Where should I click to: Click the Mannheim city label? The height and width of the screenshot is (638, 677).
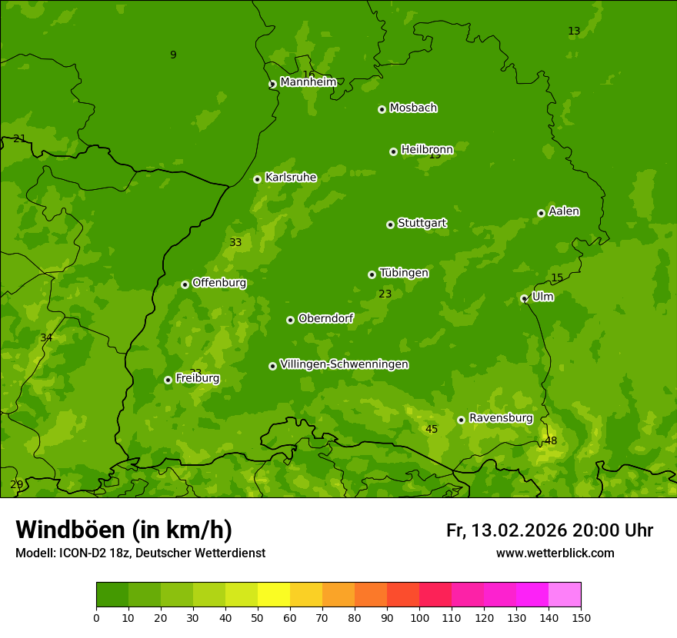[x=308, y=82]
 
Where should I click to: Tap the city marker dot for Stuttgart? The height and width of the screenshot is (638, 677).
[x=390, y=224]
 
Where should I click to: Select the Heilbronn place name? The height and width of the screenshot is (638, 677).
[x=427, y=149]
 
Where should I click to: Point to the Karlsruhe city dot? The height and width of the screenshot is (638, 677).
[x=257, y=179]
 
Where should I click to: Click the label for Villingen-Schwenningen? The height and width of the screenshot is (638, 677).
[x=344, y=364]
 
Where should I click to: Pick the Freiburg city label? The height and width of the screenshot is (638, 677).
[x=197, y=378]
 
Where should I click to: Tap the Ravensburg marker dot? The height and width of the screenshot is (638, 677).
[x=461, y=420]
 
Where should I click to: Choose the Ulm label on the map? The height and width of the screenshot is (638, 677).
[x=542, y=297]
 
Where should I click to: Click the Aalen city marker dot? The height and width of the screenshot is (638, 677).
[x=541, y=213]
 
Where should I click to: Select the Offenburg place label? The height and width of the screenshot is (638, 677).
[x=219, y=283]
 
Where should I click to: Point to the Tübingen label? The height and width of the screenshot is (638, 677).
[x=404, y=273]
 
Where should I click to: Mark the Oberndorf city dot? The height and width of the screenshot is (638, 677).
[x=290, y=320]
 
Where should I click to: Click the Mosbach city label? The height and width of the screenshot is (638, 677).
[x=413, y=108]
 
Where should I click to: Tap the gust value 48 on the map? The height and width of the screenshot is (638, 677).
[x=551, y=440]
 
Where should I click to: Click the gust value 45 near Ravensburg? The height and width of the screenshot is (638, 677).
[x=432, y=429]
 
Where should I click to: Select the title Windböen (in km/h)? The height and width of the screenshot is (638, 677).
[x=124, y=530]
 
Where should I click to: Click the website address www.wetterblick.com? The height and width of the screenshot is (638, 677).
[x=555, y=553]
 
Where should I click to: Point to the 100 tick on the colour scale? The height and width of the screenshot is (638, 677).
[x=419, y=617]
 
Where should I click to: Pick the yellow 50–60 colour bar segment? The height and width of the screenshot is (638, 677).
[x=274, y=595]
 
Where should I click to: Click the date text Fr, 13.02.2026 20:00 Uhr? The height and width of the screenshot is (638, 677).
[x=549, y=530]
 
